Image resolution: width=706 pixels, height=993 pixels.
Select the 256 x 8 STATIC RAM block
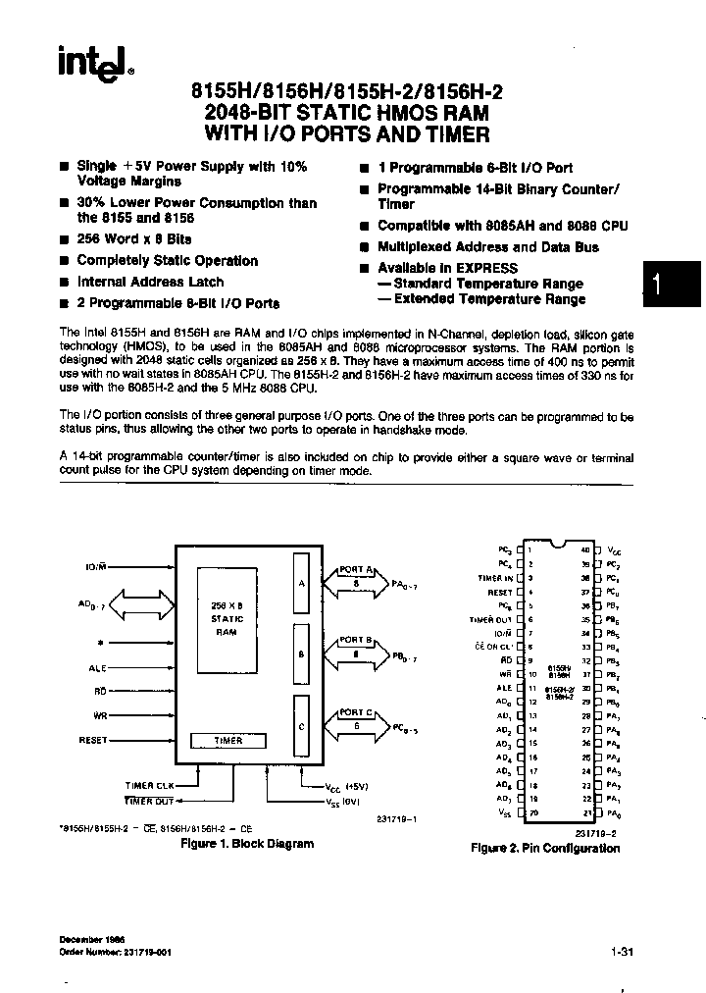[227, 619]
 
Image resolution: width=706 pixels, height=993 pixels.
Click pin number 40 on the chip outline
[585, 550]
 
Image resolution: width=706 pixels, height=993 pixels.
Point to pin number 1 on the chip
[529, 550]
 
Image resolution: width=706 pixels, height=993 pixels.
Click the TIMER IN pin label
[495, 579]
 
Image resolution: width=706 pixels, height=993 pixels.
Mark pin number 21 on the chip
[585, 813]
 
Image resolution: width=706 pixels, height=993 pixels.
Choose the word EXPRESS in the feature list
[485, 268]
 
